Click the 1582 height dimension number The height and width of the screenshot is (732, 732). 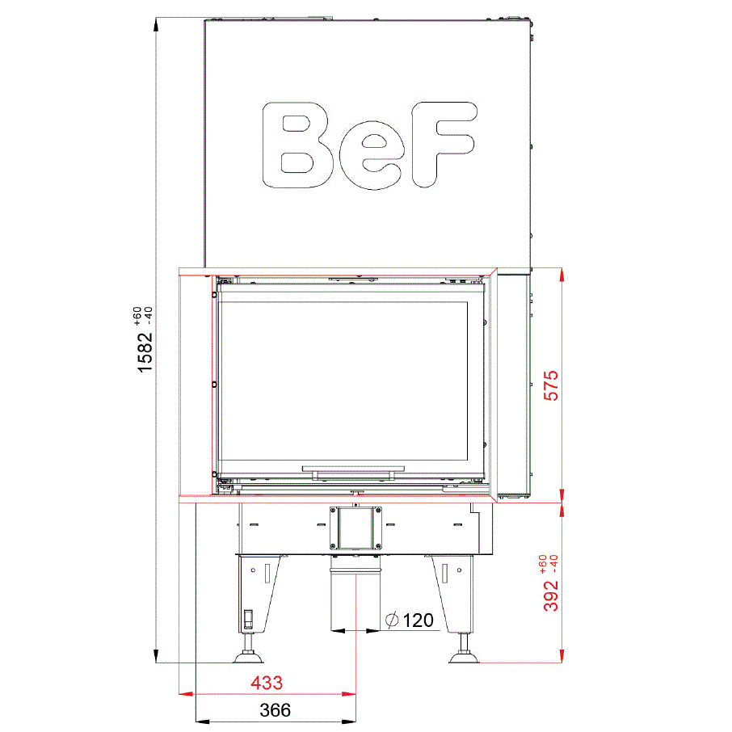pyautogui.click(x=145, y=352)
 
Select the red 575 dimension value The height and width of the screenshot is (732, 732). pyautogui.click(x=551, y=385)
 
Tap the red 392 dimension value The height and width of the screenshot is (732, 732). pyautogui.click(x=551, y=595)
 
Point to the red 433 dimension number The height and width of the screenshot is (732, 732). pyautogui.click(x=267, y=683)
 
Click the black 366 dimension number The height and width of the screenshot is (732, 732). pyautogui.click(x=275, y=710)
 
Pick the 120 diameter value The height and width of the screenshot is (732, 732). pyautogui.click(x=418, y=621)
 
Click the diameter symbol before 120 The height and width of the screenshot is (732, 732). pyautogui.click(x=392, y=620)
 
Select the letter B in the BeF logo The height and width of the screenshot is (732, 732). pyautogui.click(x=297, y=145)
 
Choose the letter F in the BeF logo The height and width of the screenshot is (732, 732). pyautogui.click(x=444, y=145)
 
